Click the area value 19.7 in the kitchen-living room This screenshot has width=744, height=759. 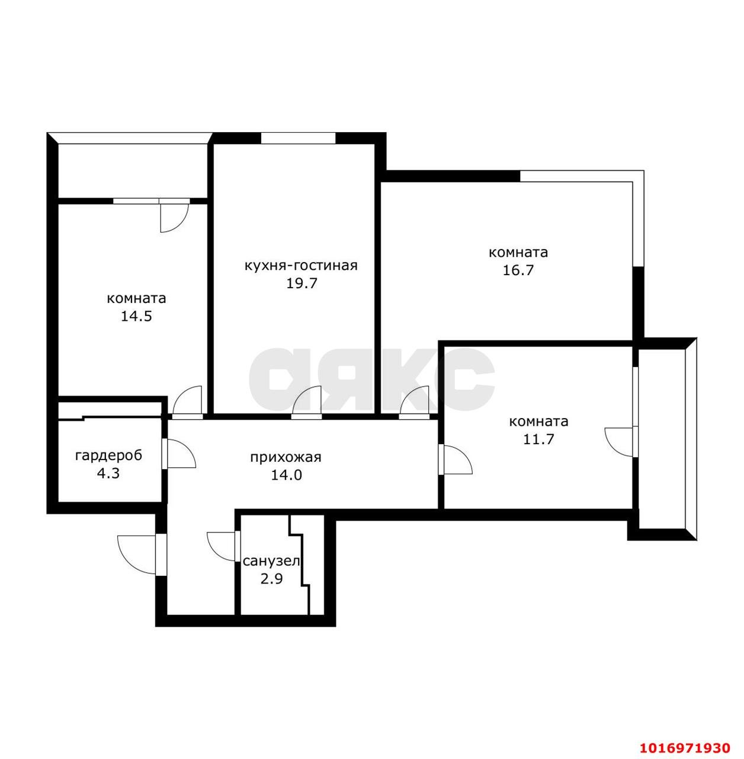[x=302, y=283]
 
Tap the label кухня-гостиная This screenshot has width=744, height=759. [x=301, y=266]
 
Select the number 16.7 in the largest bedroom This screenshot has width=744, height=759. [x=518, y=270]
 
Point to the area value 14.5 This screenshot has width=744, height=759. [x=136, y=316]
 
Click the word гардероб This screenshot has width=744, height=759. [x=108, y=456]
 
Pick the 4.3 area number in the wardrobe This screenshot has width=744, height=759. [x=108, y=473]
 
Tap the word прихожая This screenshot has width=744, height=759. [x=286, y=458]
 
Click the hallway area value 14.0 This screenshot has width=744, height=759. [x=286, y=476]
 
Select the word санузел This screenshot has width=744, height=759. [x=271, y=562]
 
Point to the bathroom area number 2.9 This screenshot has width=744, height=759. [x=272, y=579]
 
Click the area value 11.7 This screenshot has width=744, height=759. [x=538, y=439]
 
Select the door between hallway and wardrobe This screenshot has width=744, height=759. [x=179, y=454]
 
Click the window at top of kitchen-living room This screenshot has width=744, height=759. [x=298, y=138]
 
